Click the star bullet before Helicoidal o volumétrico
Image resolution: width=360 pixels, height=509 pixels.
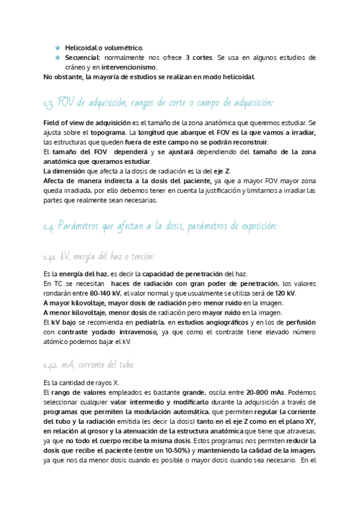(58, 47)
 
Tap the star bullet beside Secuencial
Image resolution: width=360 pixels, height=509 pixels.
(58, 58)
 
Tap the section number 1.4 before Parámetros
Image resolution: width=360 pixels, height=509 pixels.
(49, 227)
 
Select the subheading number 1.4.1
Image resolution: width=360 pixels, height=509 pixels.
(50, 258)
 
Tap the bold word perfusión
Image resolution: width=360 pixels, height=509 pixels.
(300, 322)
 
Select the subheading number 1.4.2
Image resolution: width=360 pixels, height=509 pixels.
(50, 365)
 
